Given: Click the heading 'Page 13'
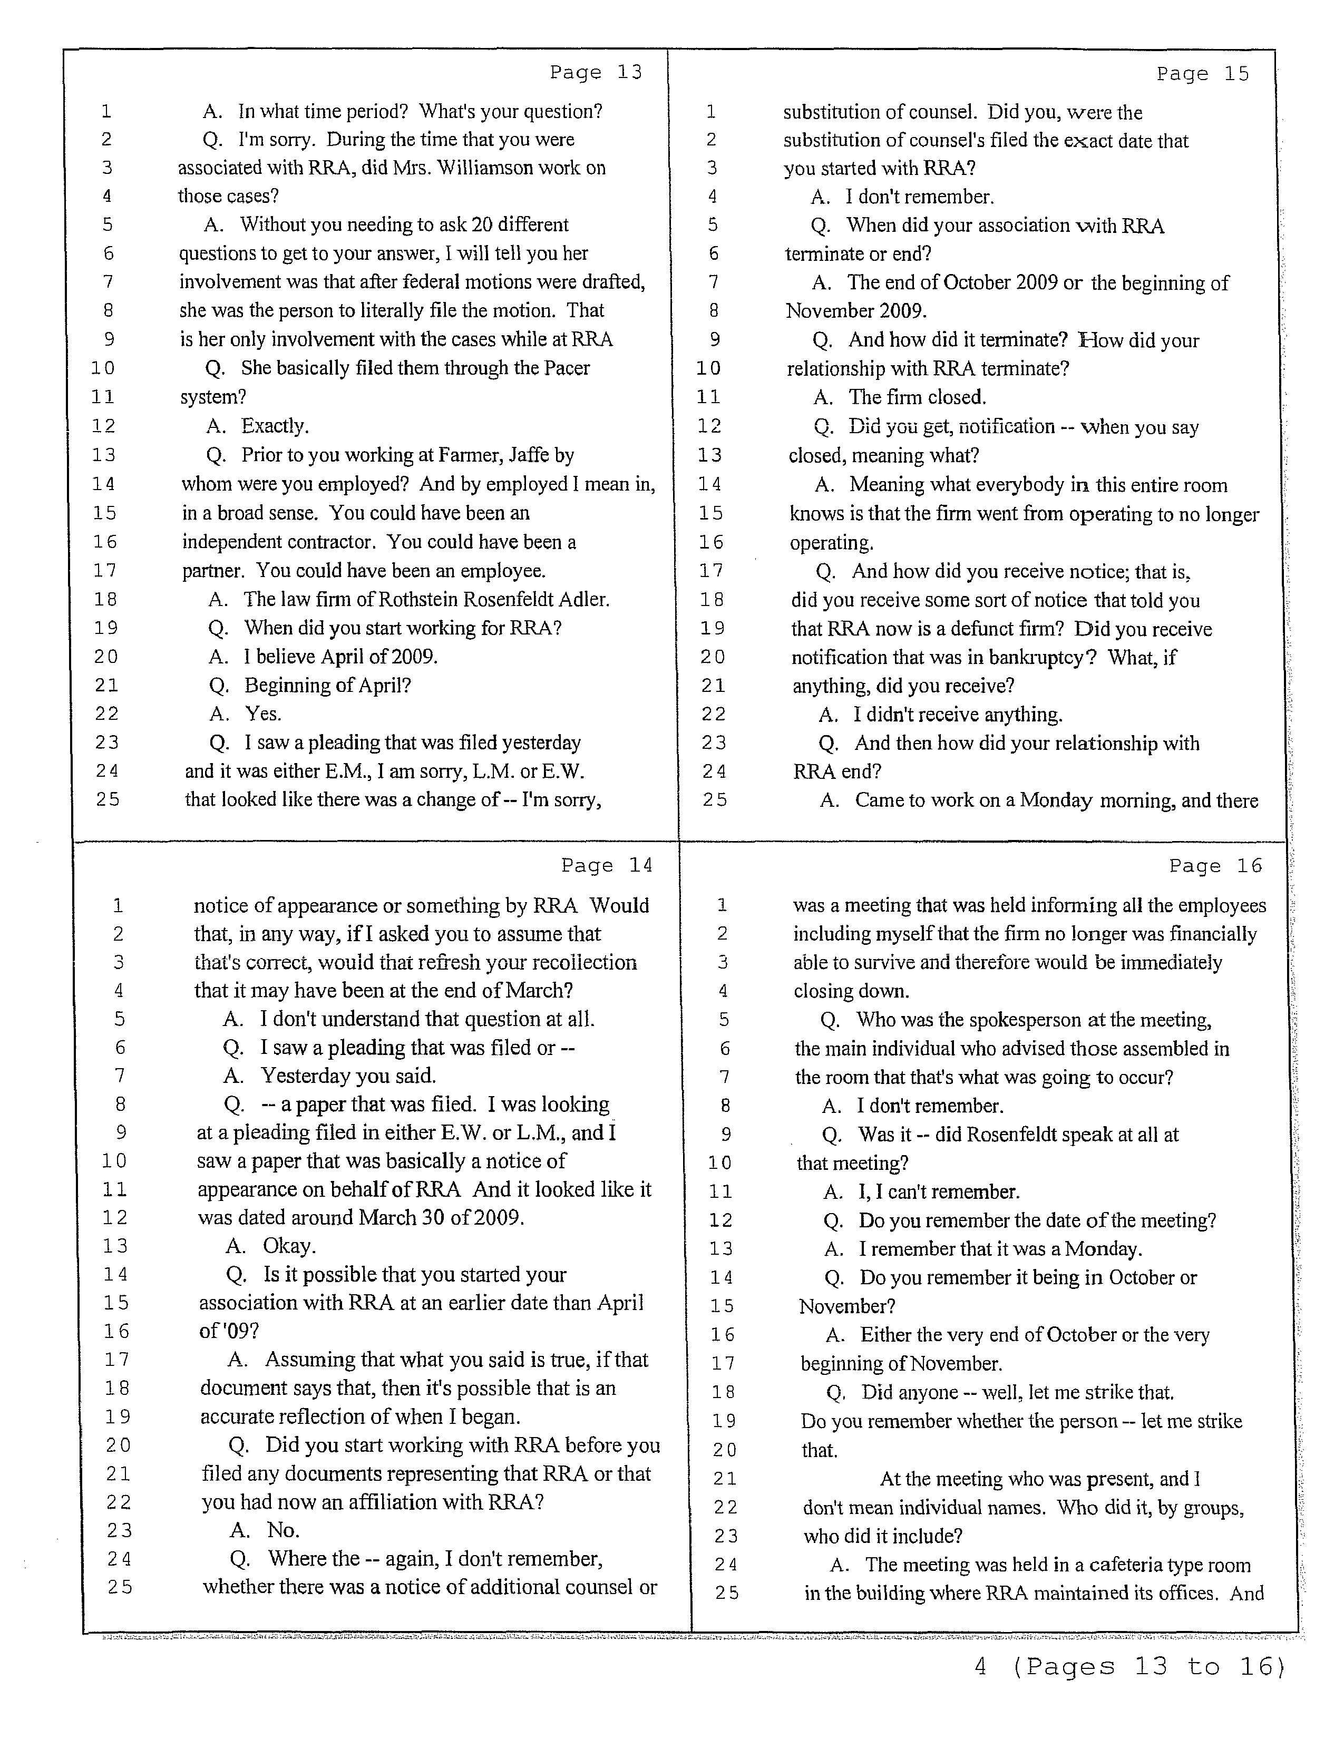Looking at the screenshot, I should pyautogui.click(x=596, y=73).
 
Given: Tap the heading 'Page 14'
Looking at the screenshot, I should pyautogui.click(x=607, y=865).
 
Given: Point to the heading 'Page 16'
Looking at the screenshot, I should pyautogui.click(x=1216, y=865).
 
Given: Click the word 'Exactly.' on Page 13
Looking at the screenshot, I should pyautogui.click(x=275, y=426).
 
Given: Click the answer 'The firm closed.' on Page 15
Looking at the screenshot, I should pyautogui.click(x=917, y=397).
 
